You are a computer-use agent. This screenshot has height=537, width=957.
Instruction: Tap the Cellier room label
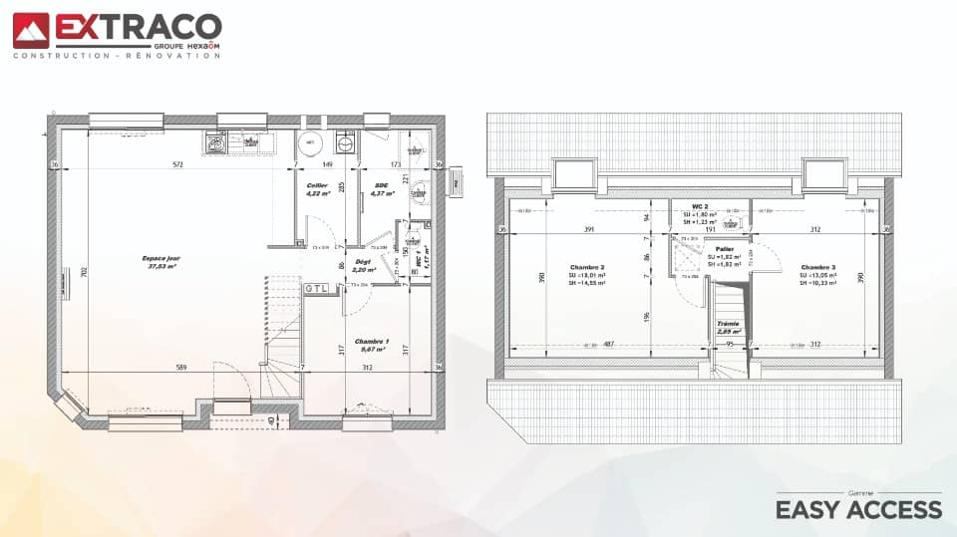(317, 184)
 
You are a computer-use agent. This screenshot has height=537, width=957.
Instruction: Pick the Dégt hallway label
(363, 261)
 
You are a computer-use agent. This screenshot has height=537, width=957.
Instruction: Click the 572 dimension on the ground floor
(177, 164)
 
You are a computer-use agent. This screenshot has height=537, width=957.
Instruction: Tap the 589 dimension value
(182, 368)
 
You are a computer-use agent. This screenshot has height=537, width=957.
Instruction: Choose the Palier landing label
(724, 248)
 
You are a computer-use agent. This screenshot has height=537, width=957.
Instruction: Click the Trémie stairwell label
(729, 324)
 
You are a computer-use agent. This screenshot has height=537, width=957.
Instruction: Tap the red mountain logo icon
(30, 30)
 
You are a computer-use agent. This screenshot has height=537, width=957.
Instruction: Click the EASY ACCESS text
(858, 510)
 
